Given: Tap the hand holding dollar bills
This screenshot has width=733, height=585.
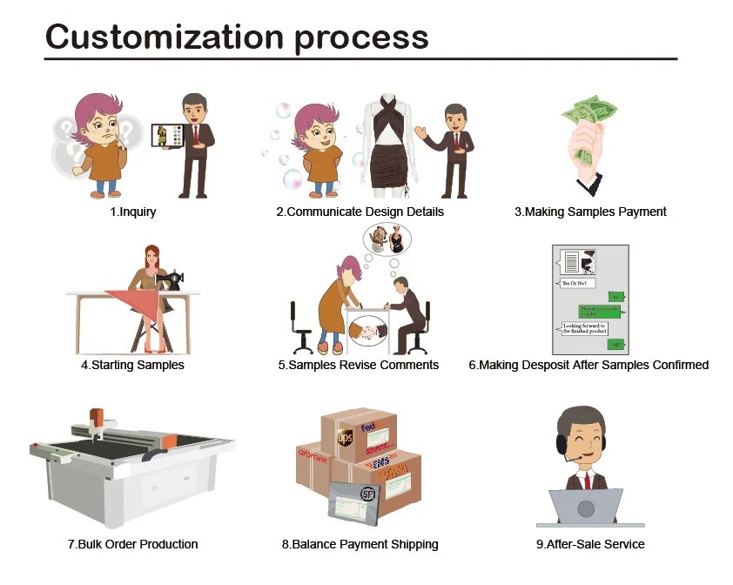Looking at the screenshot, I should click(x=588, y=144).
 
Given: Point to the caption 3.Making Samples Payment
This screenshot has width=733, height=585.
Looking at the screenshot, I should click(x=590, y=212).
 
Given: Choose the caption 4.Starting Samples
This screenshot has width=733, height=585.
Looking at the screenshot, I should click(x=132, y=365).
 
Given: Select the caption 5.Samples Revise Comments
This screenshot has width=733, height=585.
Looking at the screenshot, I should click(x=359, y=365).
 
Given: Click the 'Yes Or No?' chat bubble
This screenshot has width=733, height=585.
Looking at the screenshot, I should click(x=575, y=283).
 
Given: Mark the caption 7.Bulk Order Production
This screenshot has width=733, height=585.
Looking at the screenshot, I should click(x=132, y=544).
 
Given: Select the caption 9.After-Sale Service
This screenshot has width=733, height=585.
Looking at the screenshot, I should click(x=590, y=544).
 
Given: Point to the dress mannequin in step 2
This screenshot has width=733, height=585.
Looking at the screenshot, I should click(x=389, y=144).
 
